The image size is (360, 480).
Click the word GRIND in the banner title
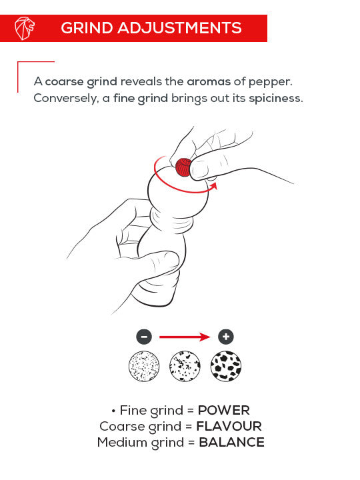click(85, 28)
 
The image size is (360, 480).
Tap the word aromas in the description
click(209, 81)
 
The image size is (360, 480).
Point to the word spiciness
click(275, 98)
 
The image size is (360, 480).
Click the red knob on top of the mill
click(183, 167)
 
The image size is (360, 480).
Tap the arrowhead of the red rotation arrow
click(213, 187)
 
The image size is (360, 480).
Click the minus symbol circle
click(146, 337)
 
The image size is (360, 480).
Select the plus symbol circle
click(227, 337)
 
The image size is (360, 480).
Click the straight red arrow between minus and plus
click(186, 337)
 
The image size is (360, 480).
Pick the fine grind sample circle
click(143, 365)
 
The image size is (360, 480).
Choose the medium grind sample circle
click(185, 365)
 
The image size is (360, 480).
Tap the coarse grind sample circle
click(226, 365)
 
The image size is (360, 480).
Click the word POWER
click(223, 410)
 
